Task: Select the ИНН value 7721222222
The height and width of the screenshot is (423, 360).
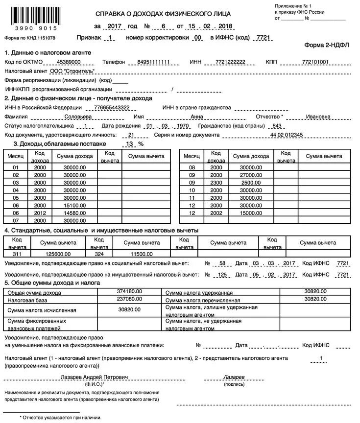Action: (230, 62)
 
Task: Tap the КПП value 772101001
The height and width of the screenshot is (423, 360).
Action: (315, 62)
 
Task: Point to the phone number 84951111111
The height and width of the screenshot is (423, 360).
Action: (153, 62)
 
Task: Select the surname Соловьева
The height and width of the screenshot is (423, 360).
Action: (78, 117)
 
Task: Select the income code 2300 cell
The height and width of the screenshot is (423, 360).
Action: (216, 183)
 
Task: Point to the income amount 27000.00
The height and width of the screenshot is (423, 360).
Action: (251, 175)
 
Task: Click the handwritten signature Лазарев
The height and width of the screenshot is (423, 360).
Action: (234, 377)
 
